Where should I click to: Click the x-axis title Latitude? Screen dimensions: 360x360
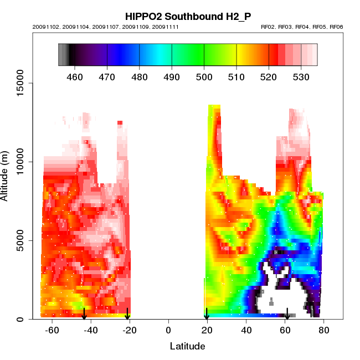[187, 346]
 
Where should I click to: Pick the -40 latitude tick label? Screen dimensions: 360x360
[90, 331]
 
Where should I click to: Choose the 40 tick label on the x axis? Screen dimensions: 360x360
[246, 331]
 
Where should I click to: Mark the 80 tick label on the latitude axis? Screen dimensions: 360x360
[323, 331]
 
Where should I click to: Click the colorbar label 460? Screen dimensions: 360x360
[74, 77]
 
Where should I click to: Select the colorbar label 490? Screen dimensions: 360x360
[172, 77]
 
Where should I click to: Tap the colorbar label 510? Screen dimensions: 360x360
[236, 77]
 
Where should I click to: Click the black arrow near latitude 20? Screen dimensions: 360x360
[207, 314]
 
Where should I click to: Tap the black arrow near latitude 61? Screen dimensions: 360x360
[287, 314]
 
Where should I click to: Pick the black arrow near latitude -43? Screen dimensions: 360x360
[84, 314]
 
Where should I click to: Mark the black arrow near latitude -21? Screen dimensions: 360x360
[127, 314]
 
